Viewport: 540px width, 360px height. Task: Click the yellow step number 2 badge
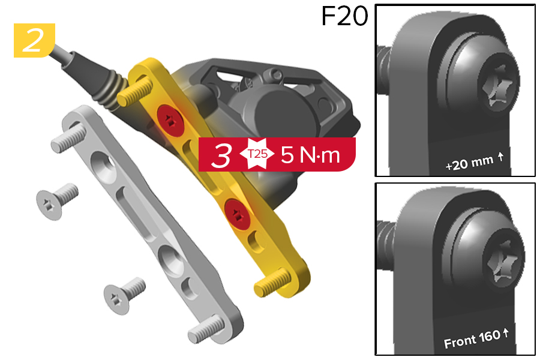(34, 40)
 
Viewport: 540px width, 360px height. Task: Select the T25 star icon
(257, 154)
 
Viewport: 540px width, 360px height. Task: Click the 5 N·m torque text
(310, 155)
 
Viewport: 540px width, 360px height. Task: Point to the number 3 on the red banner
(221, 155)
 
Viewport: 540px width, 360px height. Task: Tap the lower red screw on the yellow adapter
(237, 214)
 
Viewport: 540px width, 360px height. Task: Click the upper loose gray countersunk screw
(57, 201)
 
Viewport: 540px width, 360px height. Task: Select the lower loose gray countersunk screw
(124, 295)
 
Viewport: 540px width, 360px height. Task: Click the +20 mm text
(474, 162)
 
